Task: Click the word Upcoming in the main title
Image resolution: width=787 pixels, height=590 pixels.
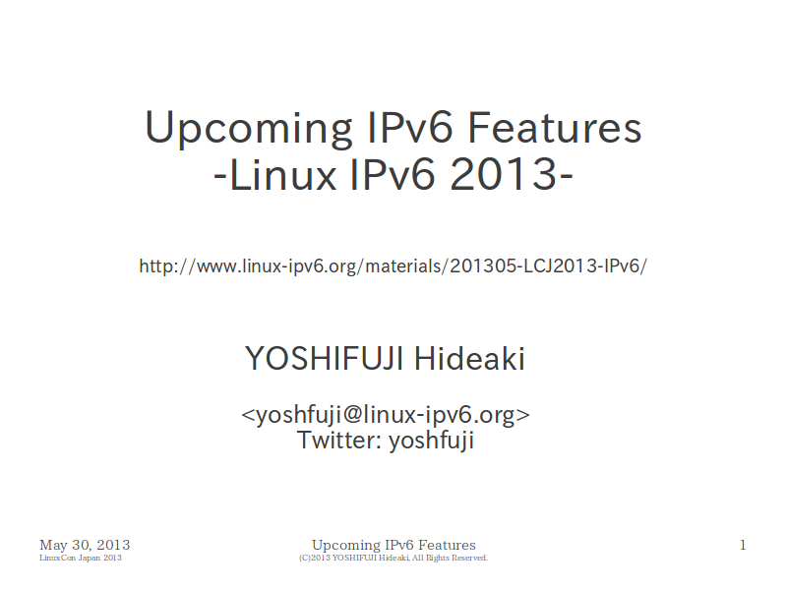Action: [249, 130]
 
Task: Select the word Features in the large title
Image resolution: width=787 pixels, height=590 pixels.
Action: [555, 128]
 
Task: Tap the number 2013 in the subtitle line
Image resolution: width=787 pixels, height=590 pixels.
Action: [504, 175]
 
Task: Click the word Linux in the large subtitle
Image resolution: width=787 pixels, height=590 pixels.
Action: [282, 175]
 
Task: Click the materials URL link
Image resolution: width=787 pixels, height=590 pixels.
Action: [393, 265]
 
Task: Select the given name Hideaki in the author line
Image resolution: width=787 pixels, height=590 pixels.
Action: [469, 359]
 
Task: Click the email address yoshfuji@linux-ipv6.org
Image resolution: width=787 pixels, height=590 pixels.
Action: [386, 415]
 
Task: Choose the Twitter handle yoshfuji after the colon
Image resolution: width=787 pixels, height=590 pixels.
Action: [431, 441]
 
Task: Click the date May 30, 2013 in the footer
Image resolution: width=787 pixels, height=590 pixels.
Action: [85, 546]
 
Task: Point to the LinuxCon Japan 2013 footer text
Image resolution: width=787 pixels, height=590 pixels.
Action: [81, 558]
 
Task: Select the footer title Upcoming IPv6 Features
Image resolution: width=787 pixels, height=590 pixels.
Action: [393, 546]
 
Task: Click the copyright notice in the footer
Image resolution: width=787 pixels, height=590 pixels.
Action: [393, 558]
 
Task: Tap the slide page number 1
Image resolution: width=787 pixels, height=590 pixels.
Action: [743, 546]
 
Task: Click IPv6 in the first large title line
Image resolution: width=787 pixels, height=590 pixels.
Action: [410, 128]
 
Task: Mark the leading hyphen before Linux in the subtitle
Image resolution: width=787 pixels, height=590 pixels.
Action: [219, 177]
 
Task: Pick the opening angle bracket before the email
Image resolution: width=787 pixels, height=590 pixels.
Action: [248, 415]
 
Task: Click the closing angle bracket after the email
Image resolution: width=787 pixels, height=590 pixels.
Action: [523, 415]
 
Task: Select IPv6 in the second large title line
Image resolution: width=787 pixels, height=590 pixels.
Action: [392, 175]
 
